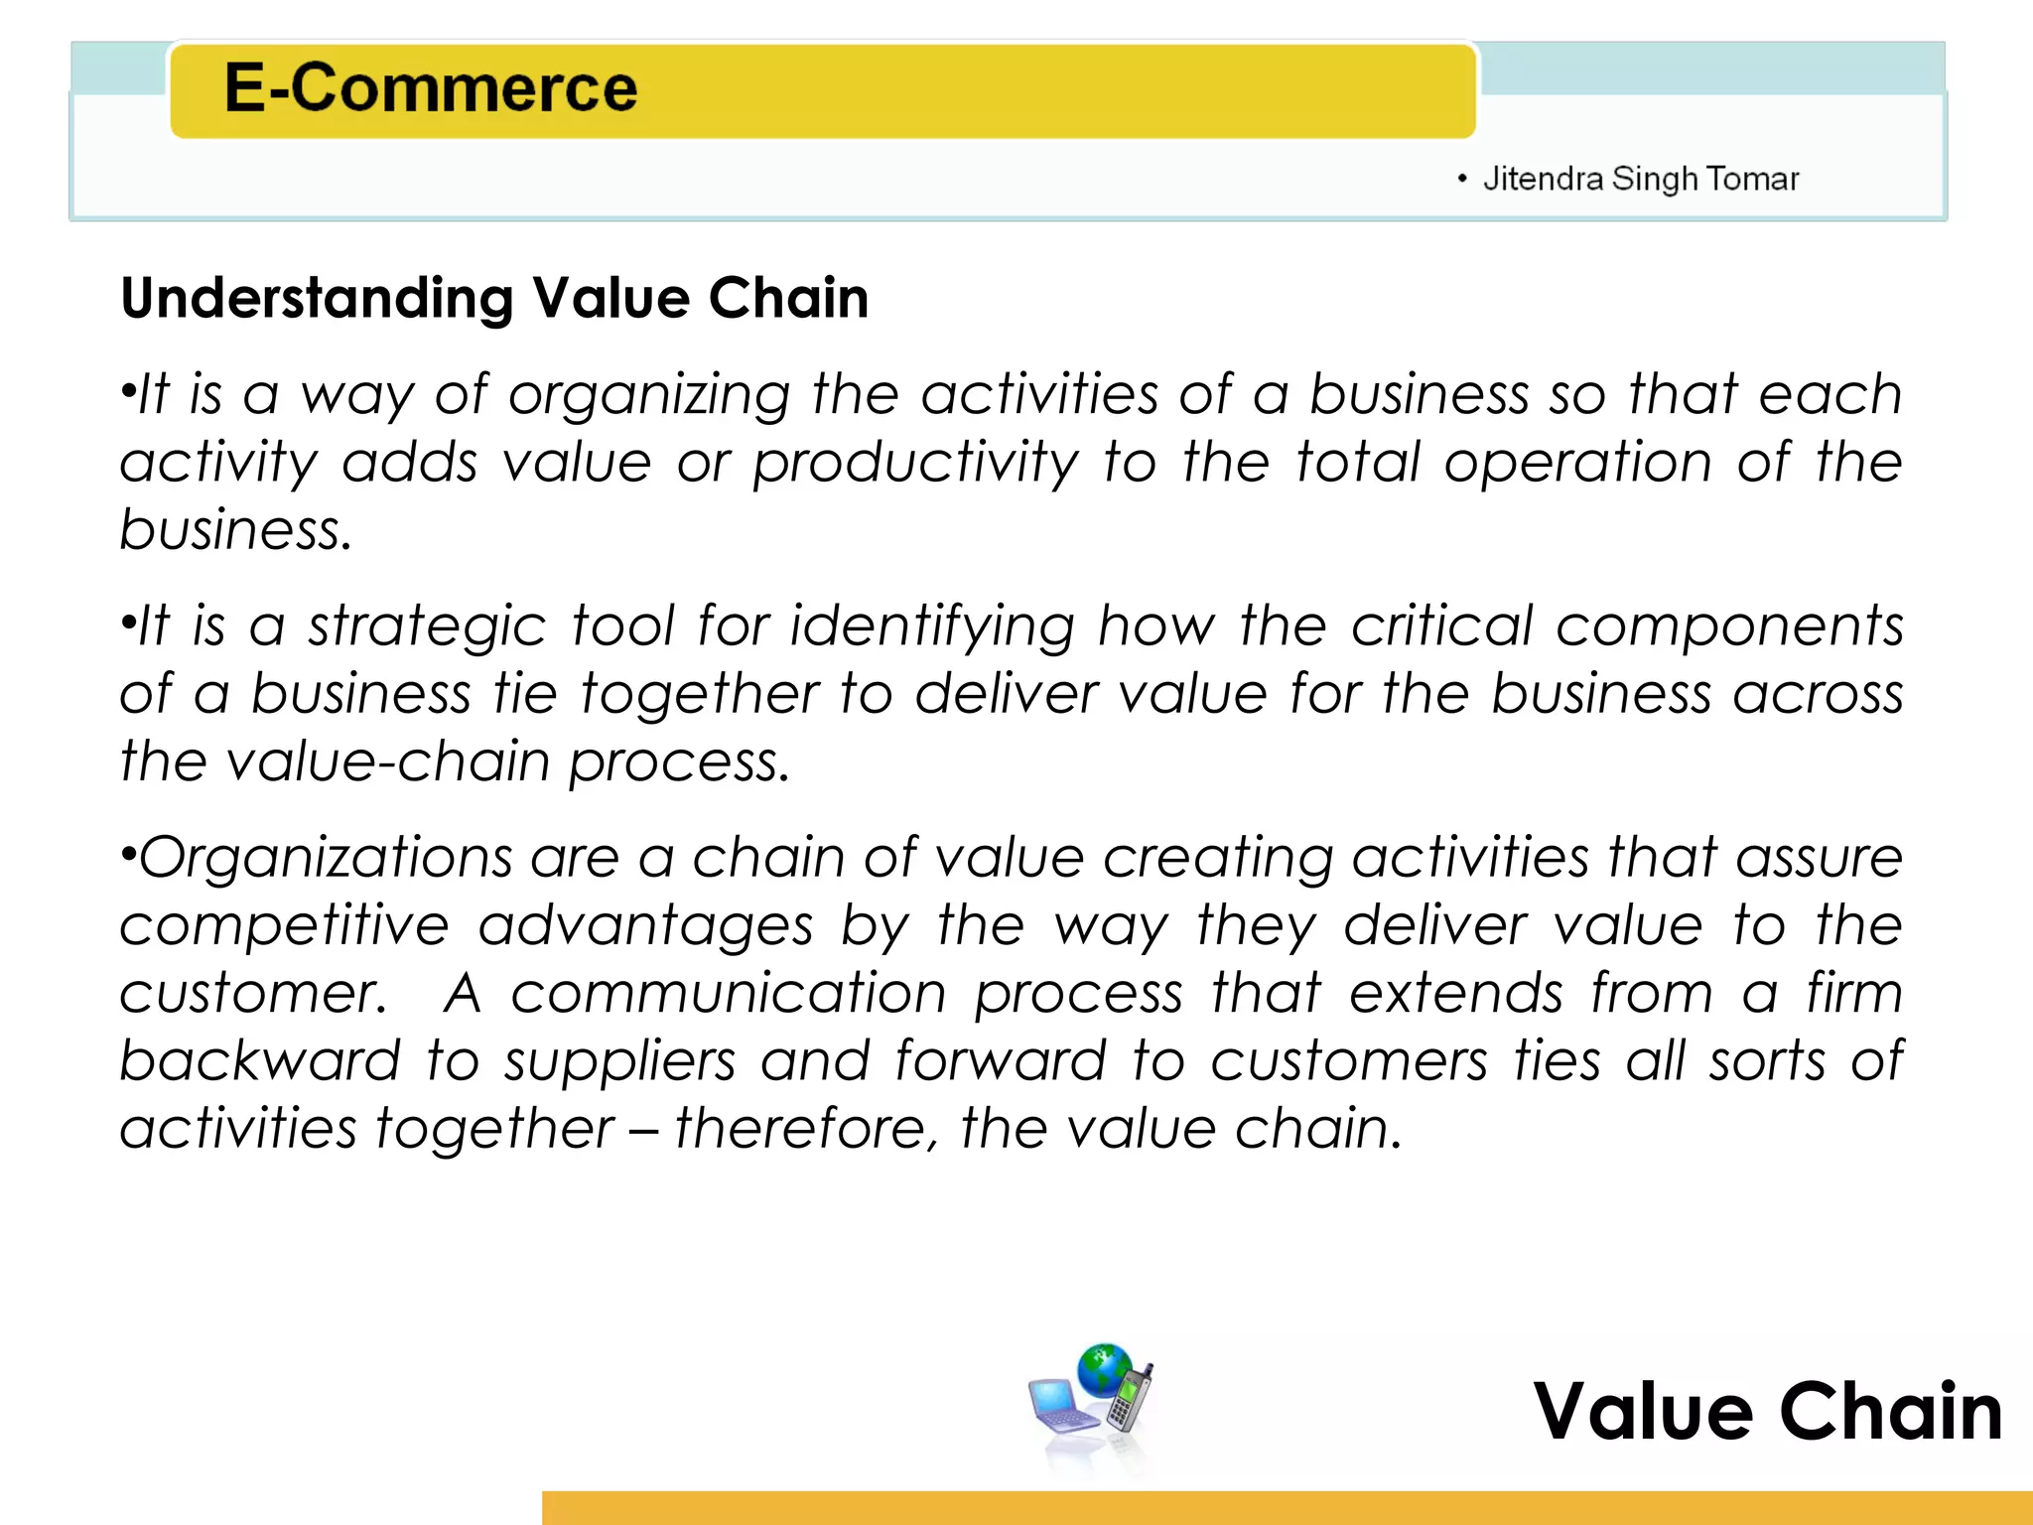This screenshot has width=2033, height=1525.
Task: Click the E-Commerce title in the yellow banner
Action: click(x=431, y=88)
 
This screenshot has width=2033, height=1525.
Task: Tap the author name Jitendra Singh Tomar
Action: click(x=1640, y=180)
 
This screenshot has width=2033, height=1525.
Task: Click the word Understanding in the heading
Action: click(x=317, y=299)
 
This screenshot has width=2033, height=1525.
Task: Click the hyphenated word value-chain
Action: click(x=386, y=762)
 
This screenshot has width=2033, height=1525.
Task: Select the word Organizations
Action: click(x=326, y=858)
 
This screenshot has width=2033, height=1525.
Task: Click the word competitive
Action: click(x=285, y=926)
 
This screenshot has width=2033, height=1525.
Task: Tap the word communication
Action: click(x=729, y=994)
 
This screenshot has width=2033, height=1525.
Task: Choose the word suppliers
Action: click(x=619, y=1062)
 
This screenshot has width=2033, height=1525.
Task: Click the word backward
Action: click(x=260, y=1060)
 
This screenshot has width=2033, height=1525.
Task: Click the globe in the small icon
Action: click(x=1104, y=1369)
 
